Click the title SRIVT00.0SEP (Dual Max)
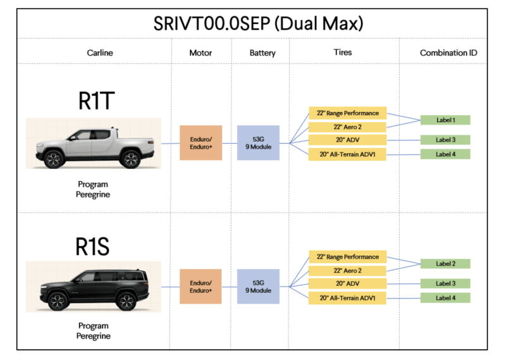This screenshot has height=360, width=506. (258, 23)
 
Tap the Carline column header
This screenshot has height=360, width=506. (100, 53)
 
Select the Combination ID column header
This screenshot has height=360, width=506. (448, 53)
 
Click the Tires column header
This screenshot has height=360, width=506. (342, 53)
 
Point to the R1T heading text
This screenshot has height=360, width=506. (96, 101)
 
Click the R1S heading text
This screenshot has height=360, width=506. (92, 246)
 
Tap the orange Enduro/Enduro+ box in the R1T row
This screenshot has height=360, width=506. (201, 143)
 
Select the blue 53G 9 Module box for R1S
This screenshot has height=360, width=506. (258, 287)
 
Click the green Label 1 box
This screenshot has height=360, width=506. (445, 120)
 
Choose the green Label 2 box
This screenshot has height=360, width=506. (445, 264)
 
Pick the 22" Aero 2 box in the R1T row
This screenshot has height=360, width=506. (347, 127)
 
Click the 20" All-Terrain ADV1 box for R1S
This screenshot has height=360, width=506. (347, 298)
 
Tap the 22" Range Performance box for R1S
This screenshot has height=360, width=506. (347, 257)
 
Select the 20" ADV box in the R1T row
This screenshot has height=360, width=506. (347, 140)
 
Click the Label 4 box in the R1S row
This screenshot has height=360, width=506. (445, 298)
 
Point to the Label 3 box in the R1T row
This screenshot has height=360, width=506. (445, 140)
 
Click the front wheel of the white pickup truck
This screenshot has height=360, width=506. (54, 159)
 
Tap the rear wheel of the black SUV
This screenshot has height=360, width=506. (126, 301)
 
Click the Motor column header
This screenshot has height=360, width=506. (201, 53)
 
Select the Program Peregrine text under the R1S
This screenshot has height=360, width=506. (93, 331)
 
